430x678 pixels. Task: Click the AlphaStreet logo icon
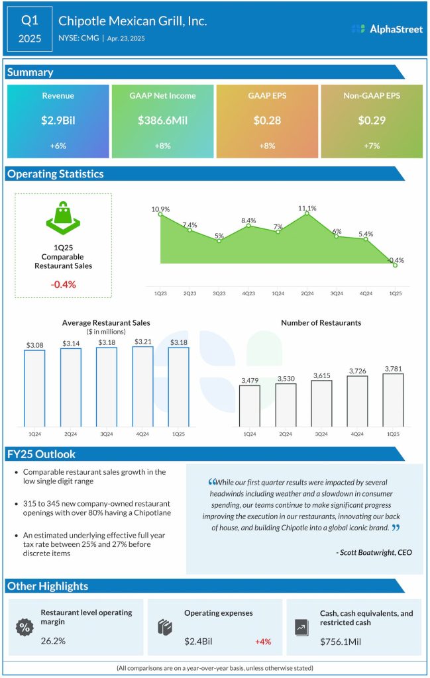[x=358, y=29]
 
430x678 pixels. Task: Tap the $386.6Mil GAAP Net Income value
[x=163, y=121]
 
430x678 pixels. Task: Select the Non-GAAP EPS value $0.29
[x=371, y=121]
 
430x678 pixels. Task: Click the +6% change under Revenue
[x=58, y=145]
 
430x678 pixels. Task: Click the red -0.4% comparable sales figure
[x=64, y=284]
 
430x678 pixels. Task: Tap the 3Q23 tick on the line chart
[x=219, y=292]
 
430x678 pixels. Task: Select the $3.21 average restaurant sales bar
[x=142, y=387]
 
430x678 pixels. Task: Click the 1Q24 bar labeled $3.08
[x=34, y=388]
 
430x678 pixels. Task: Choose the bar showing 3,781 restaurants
[x=392, y=400]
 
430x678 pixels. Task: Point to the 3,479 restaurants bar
[x=249, y=405]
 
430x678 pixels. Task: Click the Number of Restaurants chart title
[x=321, y=322]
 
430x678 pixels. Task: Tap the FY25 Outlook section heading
[x=41, y=454]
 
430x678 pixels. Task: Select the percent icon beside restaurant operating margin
[x=25, y=626]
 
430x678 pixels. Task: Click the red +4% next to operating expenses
[x=262, y=642]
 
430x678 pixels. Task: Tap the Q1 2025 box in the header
[x=30, y=30]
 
